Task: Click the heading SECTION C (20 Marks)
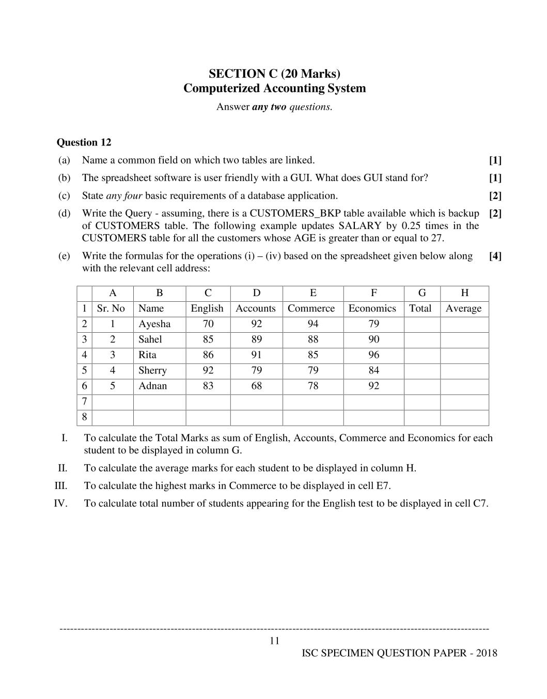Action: pos(274,73)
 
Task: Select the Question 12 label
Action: pos(84,142)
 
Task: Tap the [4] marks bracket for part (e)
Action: pos(495,256)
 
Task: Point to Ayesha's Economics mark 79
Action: pos(373,324)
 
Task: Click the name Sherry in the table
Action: pos(152,370)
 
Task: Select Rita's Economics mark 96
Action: pos(373,355)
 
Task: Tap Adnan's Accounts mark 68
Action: pos(256,386)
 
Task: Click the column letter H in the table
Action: pos(464,293)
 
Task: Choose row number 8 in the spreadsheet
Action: pos(84,417)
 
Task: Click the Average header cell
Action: pos(463,308)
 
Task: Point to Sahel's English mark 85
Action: pos(208,339)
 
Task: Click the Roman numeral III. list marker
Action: pos(61,486)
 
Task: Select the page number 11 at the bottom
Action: pos(274,641)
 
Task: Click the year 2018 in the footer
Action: pos(487,654)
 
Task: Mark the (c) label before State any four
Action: pos(64,196)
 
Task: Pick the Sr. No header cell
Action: pos(111,308)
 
